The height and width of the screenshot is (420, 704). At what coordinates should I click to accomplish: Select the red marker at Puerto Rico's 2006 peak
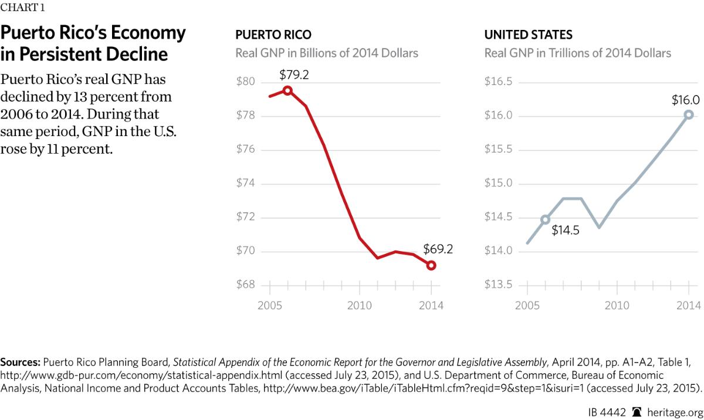coord(287,90)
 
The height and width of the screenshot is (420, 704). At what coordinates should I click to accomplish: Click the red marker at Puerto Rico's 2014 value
coord(431,266)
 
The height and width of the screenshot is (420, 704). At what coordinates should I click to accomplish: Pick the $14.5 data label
coord(566,230)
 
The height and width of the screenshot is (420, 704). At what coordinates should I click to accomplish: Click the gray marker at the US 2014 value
coord(689,115)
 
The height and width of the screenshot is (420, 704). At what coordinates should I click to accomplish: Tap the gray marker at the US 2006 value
coord(545,219)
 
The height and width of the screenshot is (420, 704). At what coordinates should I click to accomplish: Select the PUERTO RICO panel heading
coord(273,35)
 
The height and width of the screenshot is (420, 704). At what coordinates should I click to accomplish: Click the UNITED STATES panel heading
coord(528,35)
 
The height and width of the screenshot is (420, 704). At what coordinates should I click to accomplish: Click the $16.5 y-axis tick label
coord(498,82)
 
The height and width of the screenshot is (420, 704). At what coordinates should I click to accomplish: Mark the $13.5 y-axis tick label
coord(498,285)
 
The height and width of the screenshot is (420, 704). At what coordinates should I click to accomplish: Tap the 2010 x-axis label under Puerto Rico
coord(359,306)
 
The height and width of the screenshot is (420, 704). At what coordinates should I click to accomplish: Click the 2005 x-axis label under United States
coord(527,306)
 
